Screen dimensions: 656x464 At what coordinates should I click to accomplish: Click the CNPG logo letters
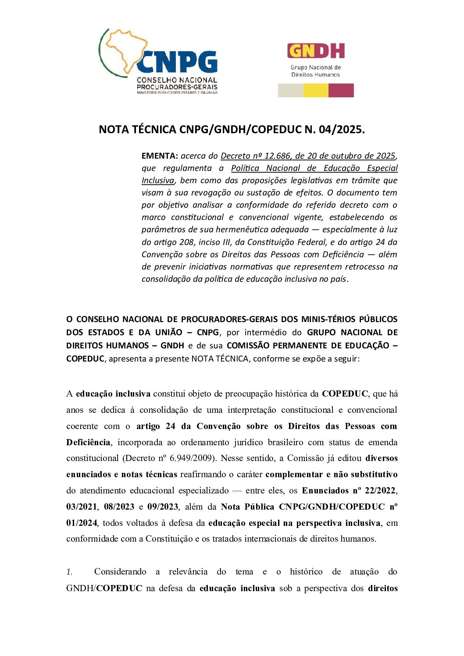coord(177,62)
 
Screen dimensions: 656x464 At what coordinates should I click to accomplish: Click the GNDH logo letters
coord(316,51)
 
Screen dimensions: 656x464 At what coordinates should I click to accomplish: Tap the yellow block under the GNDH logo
coord(316,90)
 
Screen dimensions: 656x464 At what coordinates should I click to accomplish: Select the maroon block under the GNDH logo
coord(341,90)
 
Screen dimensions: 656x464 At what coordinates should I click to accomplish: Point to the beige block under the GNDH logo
coord(290,90)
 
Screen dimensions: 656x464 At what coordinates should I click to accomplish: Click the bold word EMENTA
coord(160,156)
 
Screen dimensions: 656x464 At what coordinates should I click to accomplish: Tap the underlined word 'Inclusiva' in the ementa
coord(158,180)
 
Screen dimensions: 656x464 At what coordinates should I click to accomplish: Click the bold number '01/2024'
coord(82,523)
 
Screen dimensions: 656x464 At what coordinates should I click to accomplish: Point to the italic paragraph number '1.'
coord(69,571)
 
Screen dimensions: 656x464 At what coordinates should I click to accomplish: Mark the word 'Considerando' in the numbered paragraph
coord(120,571)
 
